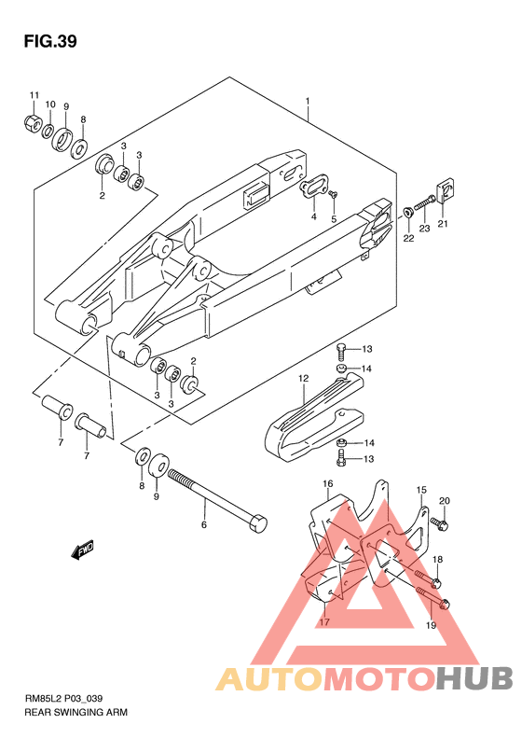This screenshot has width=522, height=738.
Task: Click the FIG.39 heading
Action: [50, 42]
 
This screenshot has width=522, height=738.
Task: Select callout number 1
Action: [307, 101]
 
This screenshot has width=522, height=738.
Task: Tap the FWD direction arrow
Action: [83, 550]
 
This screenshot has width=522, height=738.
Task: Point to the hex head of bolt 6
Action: [256, 523]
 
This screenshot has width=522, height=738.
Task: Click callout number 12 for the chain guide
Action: [303, 378]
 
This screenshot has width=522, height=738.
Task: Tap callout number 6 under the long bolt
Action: [203, 524]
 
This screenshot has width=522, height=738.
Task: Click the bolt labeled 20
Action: [440, 523]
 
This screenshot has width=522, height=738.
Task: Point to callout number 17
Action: [324, 622]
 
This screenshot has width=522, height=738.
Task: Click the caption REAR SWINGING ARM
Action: [76, 712]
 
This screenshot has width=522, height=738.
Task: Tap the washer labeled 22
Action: [407, 213]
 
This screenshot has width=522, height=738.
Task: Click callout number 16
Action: [328, 483]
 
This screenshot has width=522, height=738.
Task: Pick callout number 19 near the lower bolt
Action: [432, 625]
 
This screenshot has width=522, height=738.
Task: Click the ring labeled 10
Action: [48, 132]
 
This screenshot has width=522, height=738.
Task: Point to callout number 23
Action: [425, 229]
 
